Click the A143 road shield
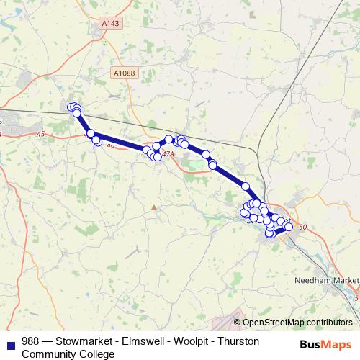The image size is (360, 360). tap(110, 23)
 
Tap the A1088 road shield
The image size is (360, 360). tap(124, 73)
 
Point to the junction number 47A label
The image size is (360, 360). tap(168, 153)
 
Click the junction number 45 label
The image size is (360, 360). tap(40, 134)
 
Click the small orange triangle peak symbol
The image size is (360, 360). tap(153, 207)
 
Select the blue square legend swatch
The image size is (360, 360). tap(10, 343)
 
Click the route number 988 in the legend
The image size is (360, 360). tap(31, 341)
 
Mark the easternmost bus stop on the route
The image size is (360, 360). tap(289, 227)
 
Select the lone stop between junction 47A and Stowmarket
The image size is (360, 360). tap(245, 186)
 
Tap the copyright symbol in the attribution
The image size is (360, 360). tap(238, 323)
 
